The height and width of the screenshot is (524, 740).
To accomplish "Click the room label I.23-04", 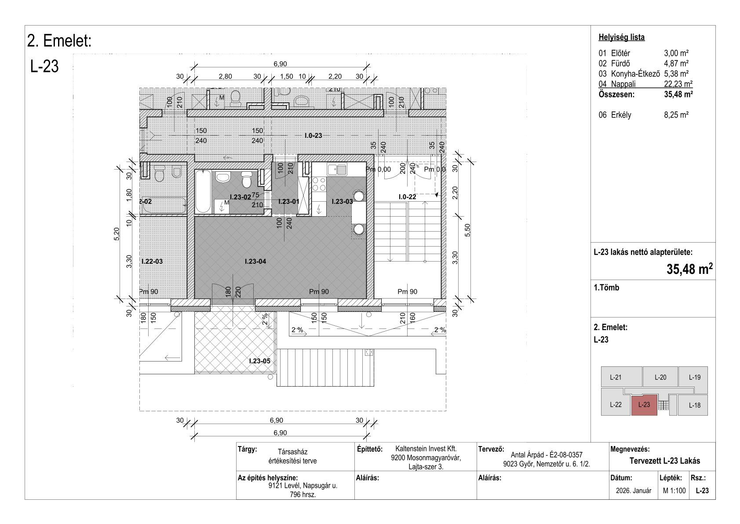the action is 255,261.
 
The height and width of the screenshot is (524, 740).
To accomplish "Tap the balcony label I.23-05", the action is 260,361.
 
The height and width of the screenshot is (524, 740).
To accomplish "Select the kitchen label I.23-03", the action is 342,202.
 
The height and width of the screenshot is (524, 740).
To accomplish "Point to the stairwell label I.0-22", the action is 407,197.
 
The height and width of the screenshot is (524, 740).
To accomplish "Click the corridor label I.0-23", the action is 313,135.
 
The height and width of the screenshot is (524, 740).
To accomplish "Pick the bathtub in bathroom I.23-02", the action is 203,192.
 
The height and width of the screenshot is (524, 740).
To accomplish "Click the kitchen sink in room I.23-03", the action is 337,170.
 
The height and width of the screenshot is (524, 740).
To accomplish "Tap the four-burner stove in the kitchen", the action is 319,184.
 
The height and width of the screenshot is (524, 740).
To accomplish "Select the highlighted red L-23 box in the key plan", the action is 644,405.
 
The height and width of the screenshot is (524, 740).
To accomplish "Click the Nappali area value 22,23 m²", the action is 678,84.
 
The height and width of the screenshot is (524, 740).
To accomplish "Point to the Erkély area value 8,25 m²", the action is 676,115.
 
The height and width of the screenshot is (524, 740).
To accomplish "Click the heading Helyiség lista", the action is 621,37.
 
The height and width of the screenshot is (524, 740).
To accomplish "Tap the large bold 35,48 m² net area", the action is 689,269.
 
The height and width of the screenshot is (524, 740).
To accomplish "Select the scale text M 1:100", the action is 674,491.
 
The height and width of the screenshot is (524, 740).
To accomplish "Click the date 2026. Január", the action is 634,491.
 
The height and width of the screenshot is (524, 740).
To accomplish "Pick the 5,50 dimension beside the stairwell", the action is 467,230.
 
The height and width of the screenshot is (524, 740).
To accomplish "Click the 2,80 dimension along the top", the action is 225,77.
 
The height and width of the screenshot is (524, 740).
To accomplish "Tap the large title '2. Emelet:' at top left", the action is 59,41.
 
